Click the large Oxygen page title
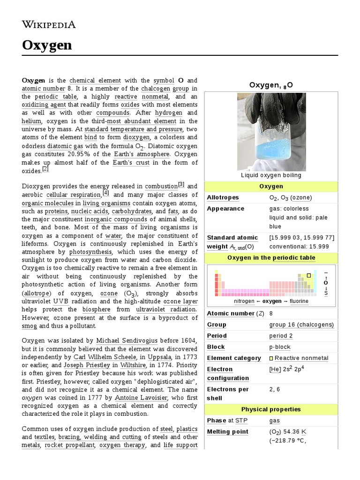[47, 45]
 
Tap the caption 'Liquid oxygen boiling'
[271, 175]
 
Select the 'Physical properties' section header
[271, 409]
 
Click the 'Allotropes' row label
[223, 197]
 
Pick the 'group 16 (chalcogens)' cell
[301, 324]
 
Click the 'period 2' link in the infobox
[281, 336]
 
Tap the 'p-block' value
[280, 347]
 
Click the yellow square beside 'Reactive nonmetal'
[271, 358]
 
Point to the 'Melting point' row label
[227, 431]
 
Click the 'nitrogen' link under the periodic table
[244, 301]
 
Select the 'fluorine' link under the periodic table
[299, 301]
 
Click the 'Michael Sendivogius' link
[127, 340]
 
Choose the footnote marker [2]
[45, 169]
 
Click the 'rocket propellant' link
[69, 445]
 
